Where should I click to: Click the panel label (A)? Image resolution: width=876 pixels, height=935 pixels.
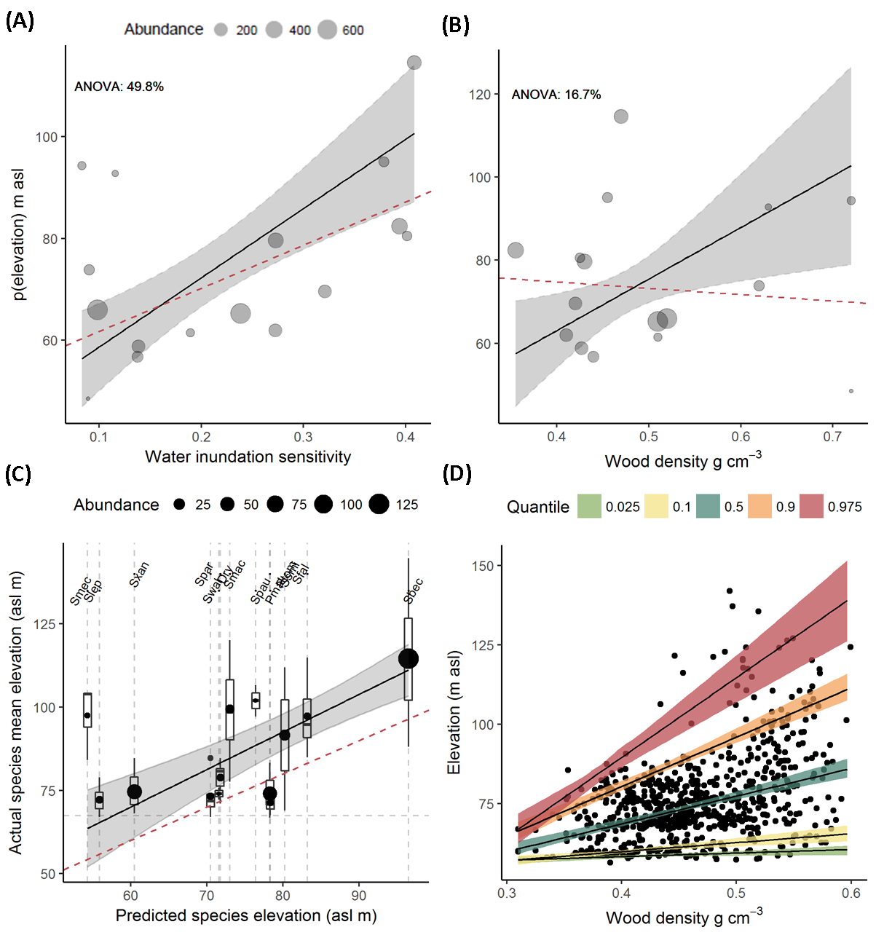click(20, 22)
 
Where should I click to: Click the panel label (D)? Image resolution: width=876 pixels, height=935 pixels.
click(457, 474)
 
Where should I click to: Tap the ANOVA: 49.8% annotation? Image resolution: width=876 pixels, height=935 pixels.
click(119, 87)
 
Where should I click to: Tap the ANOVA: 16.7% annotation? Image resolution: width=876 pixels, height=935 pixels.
click(556, 95)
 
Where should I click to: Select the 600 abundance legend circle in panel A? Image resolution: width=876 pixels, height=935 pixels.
click(327, 30)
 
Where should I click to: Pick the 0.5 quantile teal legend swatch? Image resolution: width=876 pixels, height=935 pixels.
click(708, 506)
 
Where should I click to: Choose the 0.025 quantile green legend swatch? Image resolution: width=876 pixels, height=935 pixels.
click(589, 506)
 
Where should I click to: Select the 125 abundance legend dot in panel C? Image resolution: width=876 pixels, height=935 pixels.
click(379, 504)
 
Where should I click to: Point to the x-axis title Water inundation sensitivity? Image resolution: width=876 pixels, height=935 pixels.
click(248, 457)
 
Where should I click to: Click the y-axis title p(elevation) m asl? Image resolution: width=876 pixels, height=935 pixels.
click(20, 234)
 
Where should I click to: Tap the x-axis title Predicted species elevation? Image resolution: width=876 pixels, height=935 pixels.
click(246, 915)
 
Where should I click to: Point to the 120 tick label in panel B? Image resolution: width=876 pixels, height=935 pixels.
click(481, 95)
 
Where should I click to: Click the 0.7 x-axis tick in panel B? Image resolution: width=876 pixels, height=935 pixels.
click(832, 437)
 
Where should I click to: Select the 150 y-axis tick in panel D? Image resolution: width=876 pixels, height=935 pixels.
click(483, 566)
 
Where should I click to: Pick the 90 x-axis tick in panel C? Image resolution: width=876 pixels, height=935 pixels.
click(360, 896)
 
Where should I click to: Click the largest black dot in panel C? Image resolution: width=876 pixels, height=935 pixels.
click(409, 658)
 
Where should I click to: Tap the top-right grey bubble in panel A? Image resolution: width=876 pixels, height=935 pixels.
click(414, 63)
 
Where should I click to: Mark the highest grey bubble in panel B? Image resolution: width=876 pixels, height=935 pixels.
click(620, 117)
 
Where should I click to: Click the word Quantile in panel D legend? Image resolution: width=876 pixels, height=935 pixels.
click(538, 507)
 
